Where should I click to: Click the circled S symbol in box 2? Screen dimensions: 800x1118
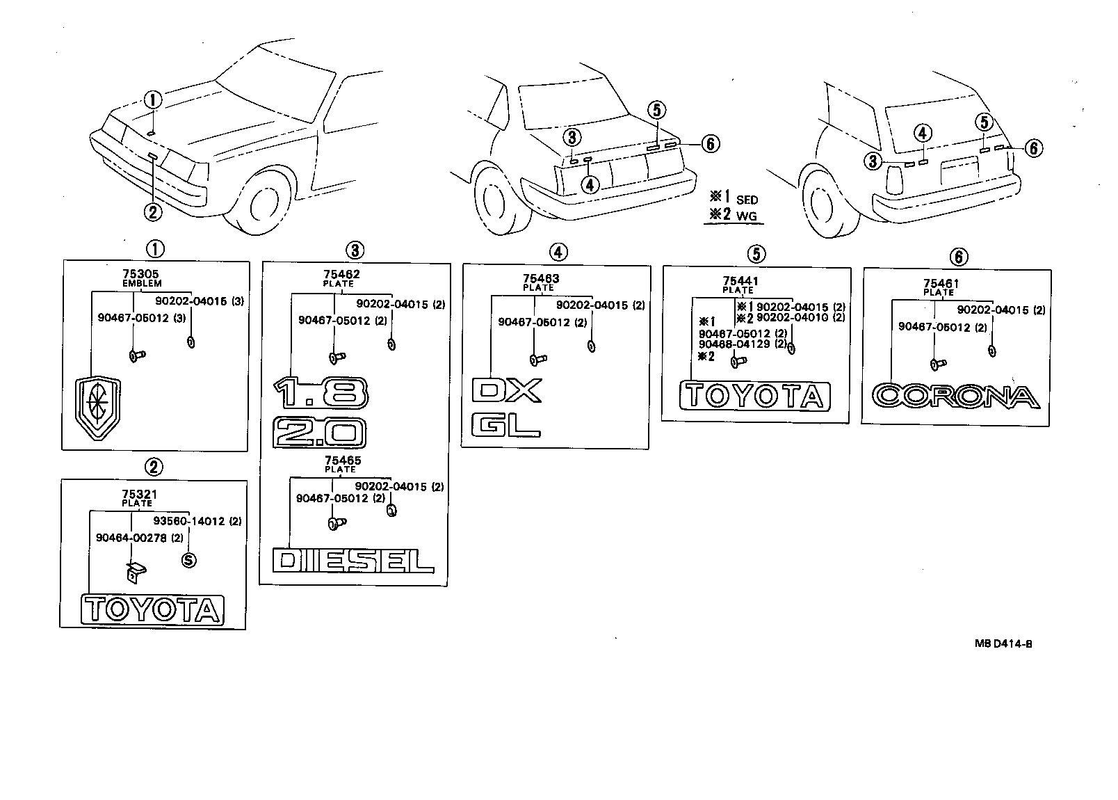click(x=188, y=560)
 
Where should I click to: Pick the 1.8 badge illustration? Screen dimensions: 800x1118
click(x=319, y=393)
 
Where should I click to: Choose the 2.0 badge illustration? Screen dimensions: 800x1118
click(x=319, y=434)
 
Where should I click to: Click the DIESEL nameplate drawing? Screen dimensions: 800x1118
click(x=353, y=561)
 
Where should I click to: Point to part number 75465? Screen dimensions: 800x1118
click(x=342, y=461)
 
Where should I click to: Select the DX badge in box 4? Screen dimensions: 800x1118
click(x=506, y=391)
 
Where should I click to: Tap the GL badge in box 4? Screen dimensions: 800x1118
click(x=505, y=425)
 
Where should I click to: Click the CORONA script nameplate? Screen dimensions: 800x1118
click(x=955, y=396)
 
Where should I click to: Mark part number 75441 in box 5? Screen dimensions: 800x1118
click(x=740, y=282)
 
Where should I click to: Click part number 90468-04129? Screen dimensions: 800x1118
click(x=734, y=344)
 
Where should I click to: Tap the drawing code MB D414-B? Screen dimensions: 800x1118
click(x=1003, y=643)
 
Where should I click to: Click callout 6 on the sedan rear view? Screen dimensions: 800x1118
click(x=710, y=144)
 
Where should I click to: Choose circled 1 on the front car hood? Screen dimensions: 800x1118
click(x=153, y=99)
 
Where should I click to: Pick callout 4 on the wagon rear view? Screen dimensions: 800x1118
click(x=922, y=133)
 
